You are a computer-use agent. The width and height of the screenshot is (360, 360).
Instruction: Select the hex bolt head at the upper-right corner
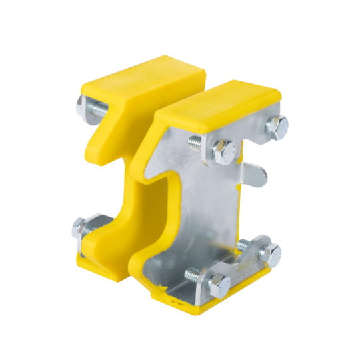[x=276, y=125]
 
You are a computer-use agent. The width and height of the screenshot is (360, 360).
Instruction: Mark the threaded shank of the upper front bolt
[x=199, y=142]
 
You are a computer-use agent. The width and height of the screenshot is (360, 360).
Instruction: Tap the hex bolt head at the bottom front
[x=219, y=285]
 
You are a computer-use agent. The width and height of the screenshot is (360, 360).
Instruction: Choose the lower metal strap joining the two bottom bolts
[x=247, y=263]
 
